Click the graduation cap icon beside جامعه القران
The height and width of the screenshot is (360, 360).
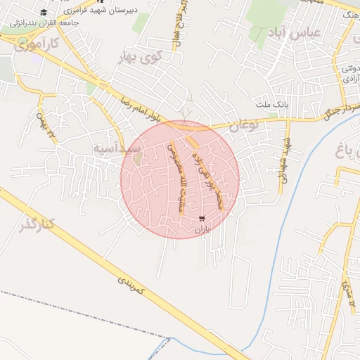[x=44, y=13]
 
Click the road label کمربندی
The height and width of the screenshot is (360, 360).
[x=134, y=284]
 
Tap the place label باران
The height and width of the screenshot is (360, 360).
[x=203, y=230]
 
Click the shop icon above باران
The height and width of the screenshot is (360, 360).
[x=203, y=219]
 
